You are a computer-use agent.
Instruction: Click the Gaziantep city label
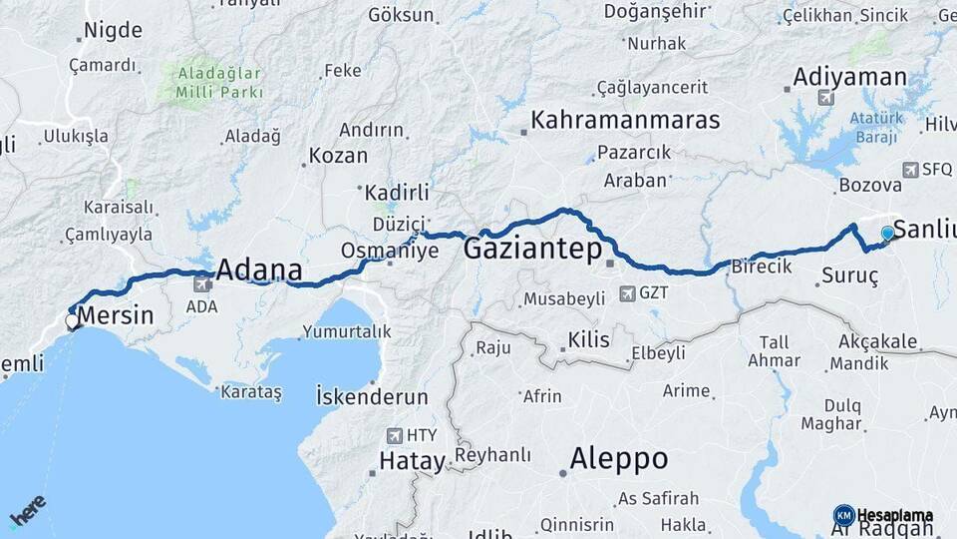(x=530, y=249)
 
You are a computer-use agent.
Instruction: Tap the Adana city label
(x=258, y=269)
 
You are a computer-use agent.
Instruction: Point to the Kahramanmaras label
(x=625, y=121)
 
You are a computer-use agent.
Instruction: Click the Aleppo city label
(x=618, y=459)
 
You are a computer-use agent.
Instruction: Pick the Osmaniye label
(x=390, y=251)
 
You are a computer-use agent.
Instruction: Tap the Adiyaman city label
(x=849, y=77)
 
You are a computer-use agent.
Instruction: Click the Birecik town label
(x=761, y=267)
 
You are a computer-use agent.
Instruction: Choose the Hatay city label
(x=411, y=461)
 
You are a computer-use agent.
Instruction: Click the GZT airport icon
(x=627, y=293)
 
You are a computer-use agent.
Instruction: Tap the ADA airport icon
(x=203, y=283)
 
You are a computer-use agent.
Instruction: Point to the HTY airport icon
(x=395, y=435)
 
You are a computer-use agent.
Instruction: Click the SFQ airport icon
(x=909, y=170)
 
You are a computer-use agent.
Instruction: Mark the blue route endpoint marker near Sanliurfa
(x=887, y=233)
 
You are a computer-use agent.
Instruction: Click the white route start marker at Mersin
(x=72, y=321)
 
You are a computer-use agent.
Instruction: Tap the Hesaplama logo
(x=883, y=515)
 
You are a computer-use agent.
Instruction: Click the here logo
(x=27, y=512)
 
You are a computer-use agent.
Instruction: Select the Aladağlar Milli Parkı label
(x=219, y=83)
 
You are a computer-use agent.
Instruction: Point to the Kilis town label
(x=588, y=340)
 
